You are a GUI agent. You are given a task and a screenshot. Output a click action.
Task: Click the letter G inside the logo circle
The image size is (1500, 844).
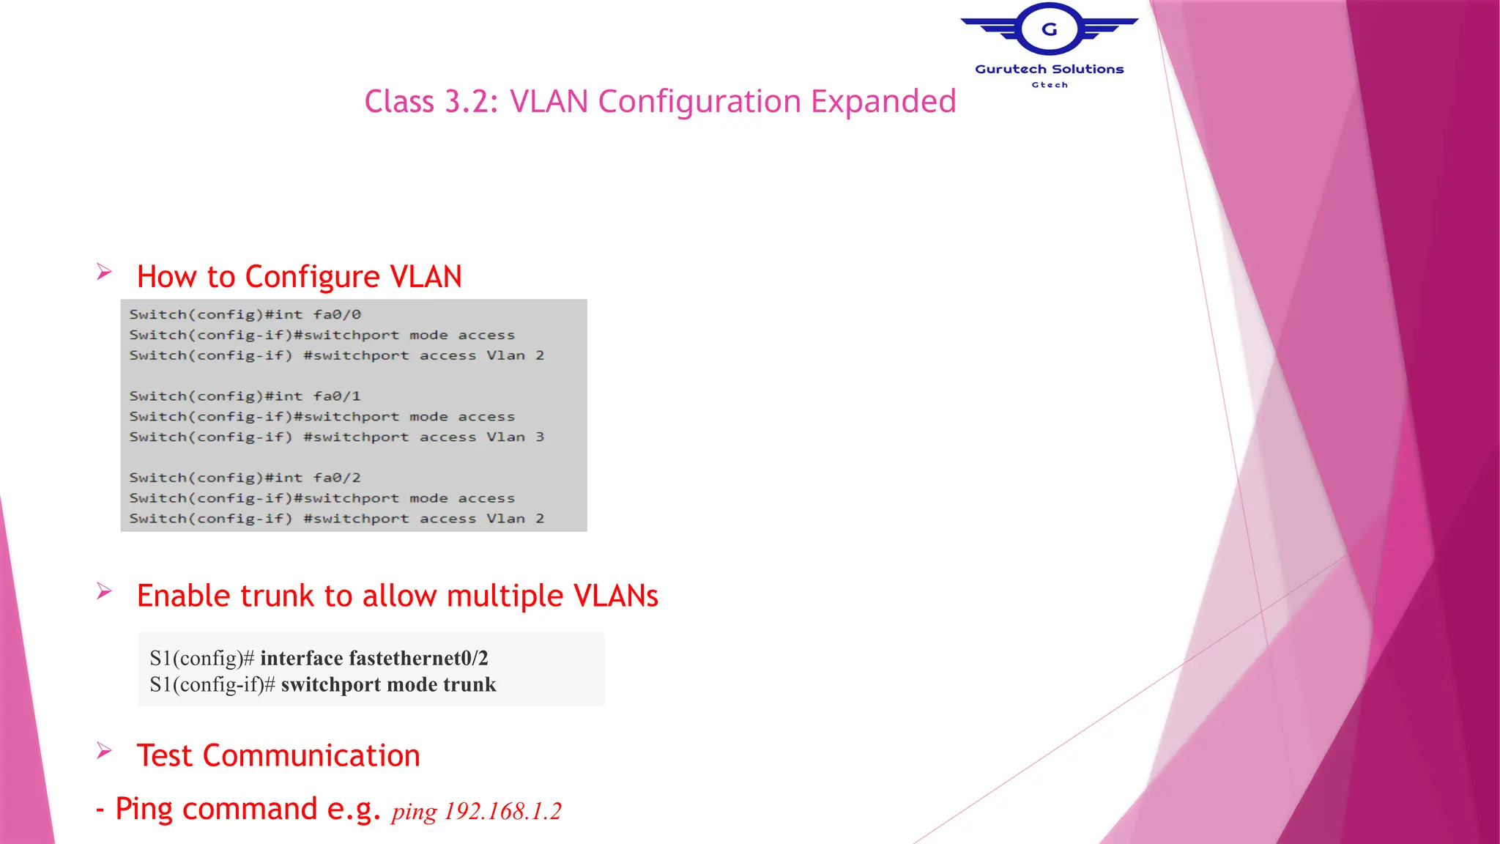pyautogui.click(x=1050, y=29)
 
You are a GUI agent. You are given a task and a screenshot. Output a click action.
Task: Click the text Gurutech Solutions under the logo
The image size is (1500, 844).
pyautogui.click(x=1049, y=69)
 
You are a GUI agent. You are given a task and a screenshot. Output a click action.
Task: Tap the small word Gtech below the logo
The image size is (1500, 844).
pyautogui.click(x=1050, y=85)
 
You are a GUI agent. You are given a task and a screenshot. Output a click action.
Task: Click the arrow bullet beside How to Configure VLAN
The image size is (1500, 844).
pyautogui.click(x=104, y=273)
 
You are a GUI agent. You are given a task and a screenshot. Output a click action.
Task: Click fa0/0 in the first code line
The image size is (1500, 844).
pyautogui.click(x=337, y=314)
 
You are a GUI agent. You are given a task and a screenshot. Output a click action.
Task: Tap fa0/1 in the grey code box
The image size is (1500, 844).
pyautogui.click(x=337, y=396)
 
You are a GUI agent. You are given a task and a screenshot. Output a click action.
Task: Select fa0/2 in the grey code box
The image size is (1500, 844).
pyautogui.click(x=337, y=478)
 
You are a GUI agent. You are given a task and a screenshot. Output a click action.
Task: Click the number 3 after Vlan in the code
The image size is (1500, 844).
pyautogui.click(x=540, y=437)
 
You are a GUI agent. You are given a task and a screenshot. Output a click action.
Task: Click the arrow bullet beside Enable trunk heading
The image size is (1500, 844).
pyautogui.click(x=104, y=591)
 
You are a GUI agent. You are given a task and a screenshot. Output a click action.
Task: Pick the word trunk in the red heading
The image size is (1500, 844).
pyautogui.click(x=278, y=596)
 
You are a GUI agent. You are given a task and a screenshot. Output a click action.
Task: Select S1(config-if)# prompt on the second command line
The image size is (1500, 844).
pyautogui.click(x=212, y=684)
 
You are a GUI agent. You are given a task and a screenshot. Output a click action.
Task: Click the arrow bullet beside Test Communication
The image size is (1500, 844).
pyautogui.click(x=104, y=751)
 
